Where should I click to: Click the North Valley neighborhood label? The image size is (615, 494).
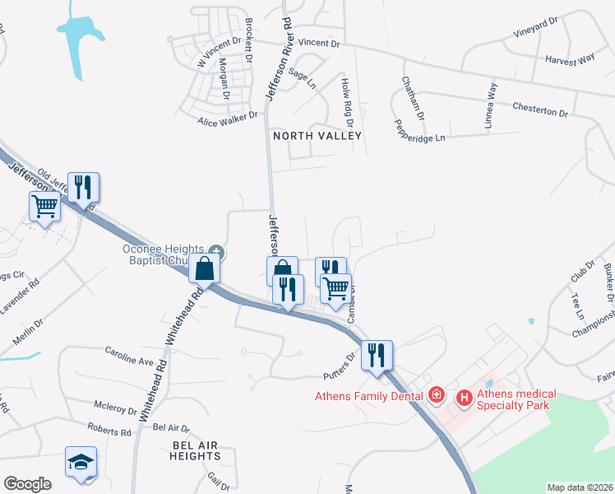(x=317, y=135)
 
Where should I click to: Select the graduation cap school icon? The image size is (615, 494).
(x=81, y=462)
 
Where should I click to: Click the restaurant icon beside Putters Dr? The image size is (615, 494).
(x=377, y=355)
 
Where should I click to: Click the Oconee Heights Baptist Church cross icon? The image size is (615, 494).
(x=216, y=250)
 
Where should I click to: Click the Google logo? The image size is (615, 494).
(x=27, y=484)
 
